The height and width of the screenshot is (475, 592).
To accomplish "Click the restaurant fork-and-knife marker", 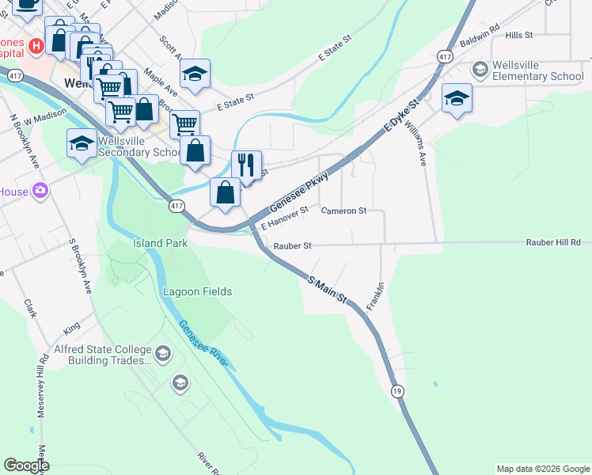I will click(x=246, y=165).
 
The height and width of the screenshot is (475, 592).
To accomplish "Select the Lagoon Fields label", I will click(x=197, y=291).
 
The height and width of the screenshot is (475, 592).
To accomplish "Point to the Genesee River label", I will click(x=203, y=345).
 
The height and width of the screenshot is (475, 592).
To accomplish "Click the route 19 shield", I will click(x=397, y=390).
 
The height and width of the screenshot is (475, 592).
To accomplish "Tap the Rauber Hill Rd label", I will click(x=553, y=242).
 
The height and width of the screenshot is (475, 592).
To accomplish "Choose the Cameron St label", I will click(x=343, y=211).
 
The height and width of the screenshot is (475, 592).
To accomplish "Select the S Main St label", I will click(x=328, y=290).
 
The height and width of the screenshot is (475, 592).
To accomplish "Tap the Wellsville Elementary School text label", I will click(x=537, y=71).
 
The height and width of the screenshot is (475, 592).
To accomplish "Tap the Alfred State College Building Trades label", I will click(x=103, y=355).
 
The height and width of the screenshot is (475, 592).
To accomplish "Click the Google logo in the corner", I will click(x=26, y=465).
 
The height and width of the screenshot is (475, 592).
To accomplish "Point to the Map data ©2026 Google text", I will click(x=542, y=469).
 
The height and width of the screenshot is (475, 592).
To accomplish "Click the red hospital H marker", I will click(x=35, y=46).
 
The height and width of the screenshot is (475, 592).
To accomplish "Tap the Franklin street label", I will click(x=376, y=295).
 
